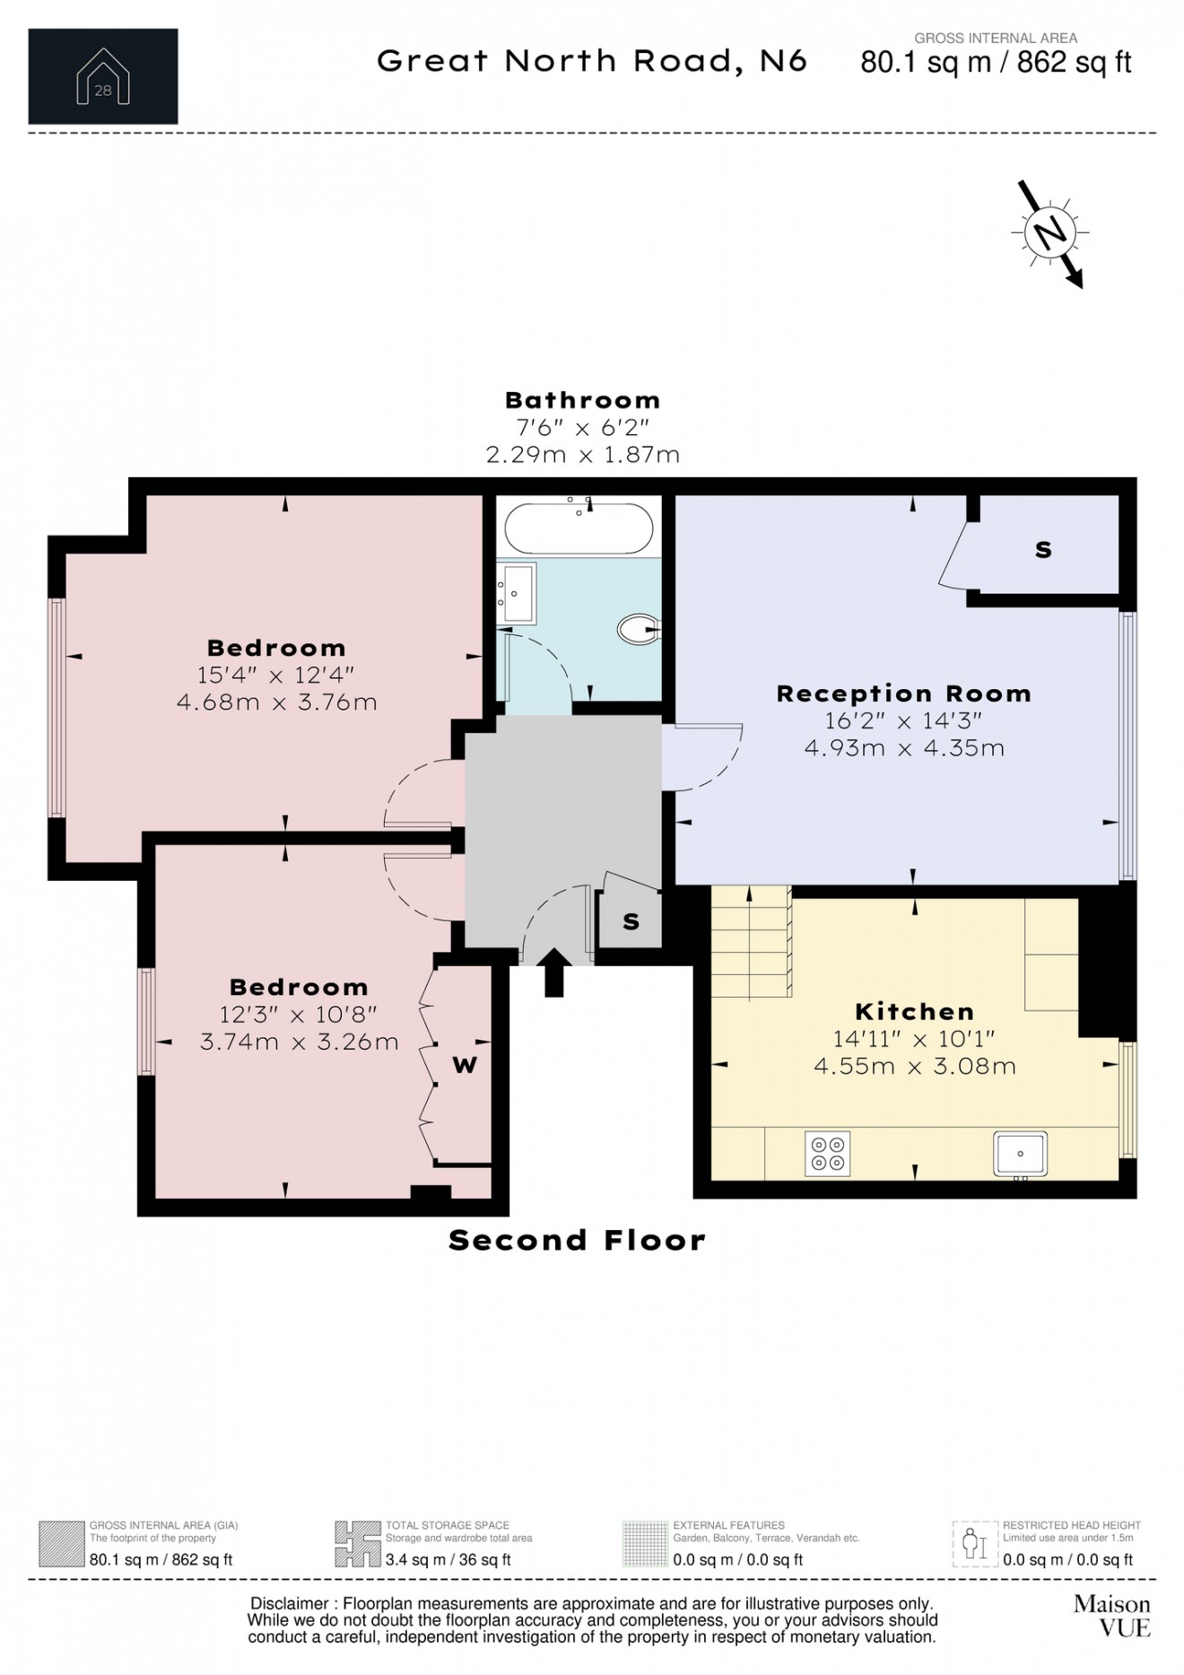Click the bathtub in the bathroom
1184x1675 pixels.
pos(579,529)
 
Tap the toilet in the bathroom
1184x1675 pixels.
pos(637,629)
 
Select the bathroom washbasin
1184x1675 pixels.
pos(518,592)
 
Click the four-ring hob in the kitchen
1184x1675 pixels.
pos(828,1154)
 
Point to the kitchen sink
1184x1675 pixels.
pos(1021,1154)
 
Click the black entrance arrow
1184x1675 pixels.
pos(554,973)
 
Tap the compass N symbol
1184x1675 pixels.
pos(1049,233)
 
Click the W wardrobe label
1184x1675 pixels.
pos(465,1065)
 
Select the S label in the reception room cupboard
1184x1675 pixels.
pos(1043,549)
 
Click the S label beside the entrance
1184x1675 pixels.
pos(631,921)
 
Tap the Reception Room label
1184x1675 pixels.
pos(903,694)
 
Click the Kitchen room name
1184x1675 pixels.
pos(914,1011)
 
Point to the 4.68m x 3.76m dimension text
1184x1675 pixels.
pos(276,702)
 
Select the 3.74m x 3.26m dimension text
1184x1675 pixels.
pos(299,1042)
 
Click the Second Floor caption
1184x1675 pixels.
pos(577,1240)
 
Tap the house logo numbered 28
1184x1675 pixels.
pos(103,76)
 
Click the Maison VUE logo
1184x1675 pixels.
pos(1111,1615)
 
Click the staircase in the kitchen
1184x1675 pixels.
pos(752,942)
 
